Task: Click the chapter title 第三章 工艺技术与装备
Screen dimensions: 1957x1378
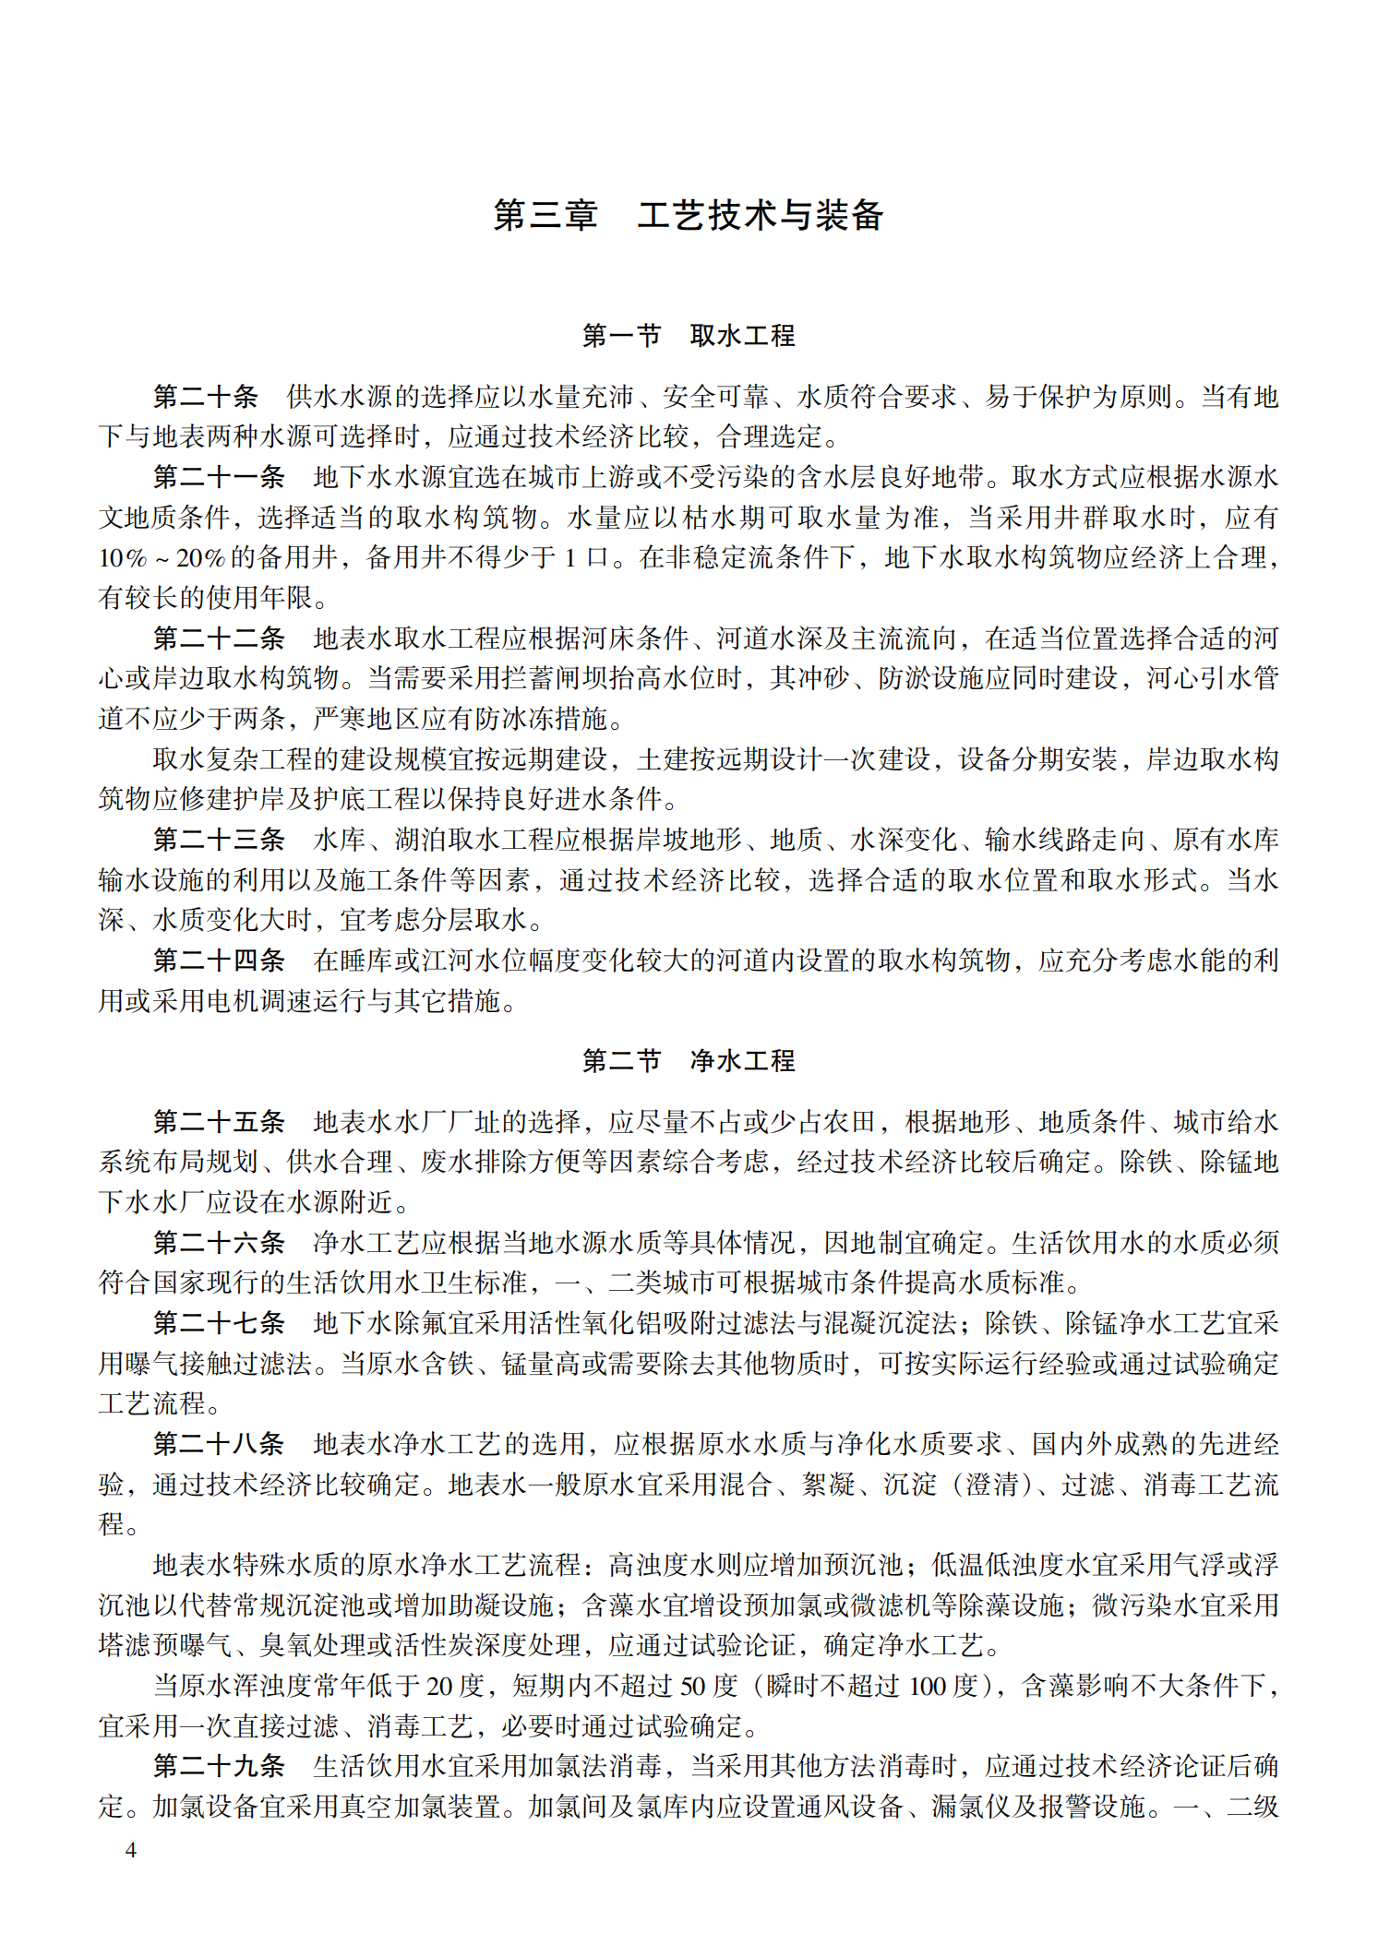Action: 689,215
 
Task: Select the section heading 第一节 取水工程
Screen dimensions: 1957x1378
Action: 689,336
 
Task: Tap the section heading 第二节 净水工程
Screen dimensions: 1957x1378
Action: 689,1061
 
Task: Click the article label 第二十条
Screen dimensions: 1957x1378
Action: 206,397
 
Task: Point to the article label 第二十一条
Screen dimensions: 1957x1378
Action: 219,477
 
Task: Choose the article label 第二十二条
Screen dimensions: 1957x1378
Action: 219,638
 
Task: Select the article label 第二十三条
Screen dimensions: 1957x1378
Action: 219,840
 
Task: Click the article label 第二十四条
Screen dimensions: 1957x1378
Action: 219,961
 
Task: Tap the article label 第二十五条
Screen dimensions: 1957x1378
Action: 219,1122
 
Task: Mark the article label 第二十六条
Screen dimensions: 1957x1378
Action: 219,1243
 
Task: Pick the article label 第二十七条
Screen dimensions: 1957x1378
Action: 219,1323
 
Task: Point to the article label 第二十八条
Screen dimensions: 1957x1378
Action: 219,1444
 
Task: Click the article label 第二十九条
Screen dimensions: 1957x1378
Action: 219,1766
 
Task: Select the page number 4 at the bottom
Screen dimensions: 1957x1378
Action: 131,1849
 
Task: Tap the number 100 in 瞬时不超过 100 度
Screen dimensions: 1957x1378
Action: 928,1686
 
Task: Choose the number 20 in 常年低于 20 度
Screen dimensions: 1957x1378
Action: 439,1686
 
